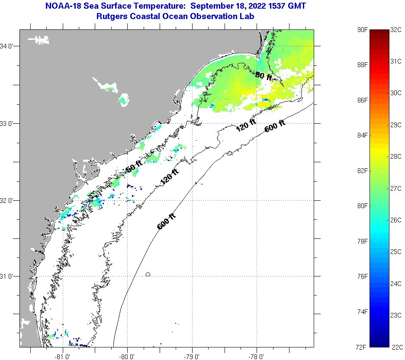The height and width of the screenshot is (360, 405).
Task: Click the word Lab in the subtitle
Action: coord(247,16)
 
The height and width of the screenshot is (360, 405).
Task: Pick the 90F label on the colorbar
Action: coord(363,30)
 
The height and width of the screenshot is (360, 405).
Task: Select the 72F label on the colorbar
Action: coord(363,347)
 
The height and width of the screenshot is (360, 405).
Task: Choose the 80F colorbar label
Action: coord(363,206)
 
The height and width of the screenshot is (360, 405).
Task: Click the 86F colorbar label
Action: coord(363,100)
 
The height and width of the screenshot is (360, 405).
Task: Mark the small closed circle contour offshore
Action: coord(148,274)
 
